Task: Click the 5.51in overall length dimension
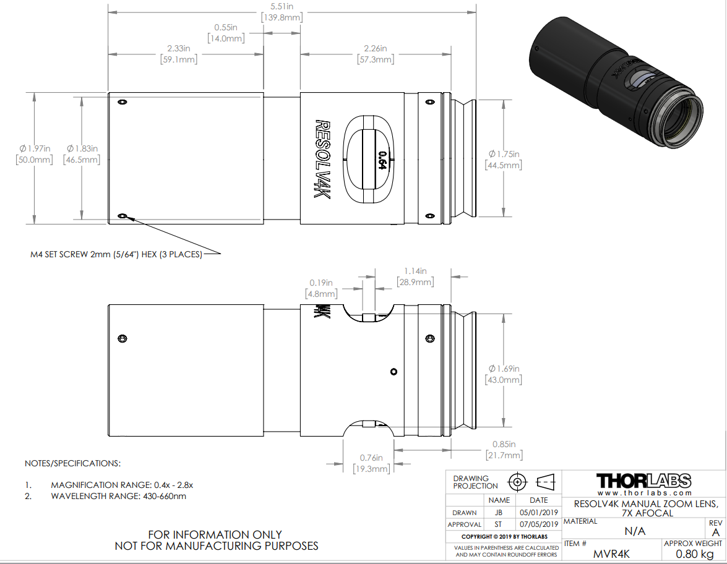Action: (x=282, y=12)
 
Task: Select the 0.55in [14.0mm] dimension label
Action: (x=226, y=33)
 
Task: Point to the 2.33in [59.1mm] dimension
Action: (x=179, y=54)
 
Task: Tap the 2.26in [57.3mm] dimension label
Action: (x=376, y=54)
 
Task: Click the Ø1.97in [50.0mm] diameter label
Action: (x=34, y=154)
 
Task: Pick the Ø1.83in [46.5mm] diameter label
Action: (x=82, y=154)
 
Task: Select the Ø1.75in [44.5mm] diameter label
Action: (x=504, y=160)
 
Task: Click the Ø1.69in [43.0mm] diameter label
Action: (x=504, y=374)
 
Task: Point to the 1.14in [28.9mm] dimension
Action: (x=415, y=276)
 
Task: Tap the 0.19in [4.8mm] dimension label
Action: (x=321, y=288)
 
